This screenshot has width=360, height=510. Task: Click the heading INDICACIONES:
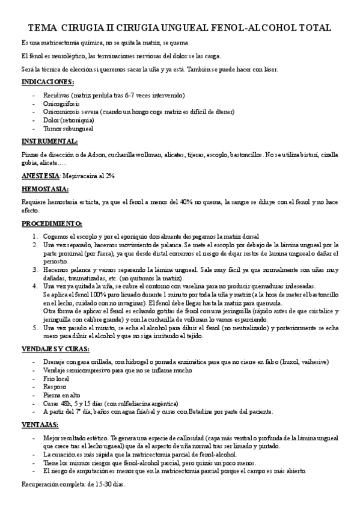point(47,82)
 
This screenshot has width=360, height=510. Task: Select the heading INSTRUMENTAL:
point(49,141)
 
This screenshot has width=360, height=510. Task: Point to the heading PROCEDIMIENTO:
point(52,223)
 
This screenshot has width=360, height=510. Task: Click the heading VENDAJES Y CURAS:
point(55,348)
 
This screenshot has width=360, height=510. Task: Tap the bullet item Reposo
point(54,387)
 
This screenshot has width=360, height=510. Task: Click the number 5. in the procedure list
point(35,328)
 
